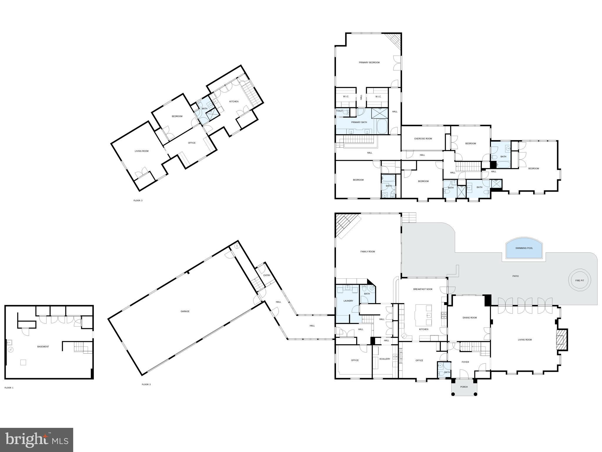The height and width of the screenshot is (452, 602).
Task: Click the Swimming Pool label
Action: coord(524,248)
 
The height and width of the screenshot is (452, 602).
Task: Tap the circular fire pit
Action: coord(580,281)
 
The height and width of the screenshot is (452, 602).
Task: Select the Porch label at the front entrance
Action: coord(464,387)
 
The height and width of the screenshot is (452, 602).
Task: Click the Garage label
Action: coord(185,311)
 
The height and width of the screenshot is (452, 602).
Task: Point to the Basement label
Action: coord(43,347)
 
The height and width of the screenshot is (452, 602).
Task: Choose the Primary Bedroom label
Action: coord(369,62)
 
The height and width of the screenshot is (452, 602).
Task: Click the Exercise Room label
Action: coord(423,139)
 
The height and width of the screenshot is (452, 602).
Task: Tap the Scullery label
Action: coord(384,359)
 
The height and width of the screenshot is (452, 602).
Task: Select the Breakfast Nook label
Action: coord(423,289)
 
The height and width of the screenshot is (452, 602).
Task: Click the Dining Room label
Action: coord(469,318)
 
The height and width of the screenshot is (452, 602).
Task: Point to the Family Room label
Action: coord(368,252)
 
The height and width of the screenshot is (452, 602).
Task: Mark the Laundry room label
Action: coord(348,301)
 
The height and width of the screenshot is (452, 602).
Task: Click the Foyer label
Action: coord(465,362)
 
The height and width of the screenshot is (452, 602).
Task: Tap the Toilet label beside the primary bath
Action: coord(340,111)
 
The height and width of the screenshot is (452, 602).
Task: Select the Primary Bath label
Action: coord(359,122)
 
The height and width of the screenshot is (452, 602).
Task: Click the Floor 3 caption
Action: coord(138,201)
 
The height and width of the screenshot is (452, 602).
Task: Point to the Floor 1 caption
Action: coord(9,388)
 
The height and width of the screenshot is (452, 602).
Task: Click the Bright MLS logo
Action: coord(36,440)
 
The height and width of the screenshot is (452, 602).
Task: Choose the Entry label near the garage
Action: coord(267,275)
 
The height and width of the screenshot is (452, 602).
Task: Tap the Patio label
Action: coord(516,276)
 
